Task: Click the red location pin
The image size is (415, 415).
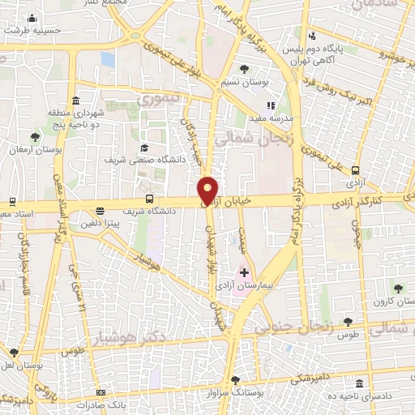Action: [x=208, y=190]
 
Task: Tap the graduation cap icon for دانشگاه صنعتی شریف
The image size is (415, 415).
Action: [x=144, y=148]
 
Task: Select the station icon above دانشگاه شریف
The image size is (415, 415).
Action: [x=148, y=199]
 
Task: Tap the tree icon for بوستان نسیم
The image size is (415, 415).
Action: [x=245, y=69]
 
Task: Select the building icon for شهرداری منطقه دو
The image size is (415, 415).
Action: [x=75, y=101]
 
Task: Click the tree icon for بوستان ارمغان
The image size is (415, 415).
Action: [x=34, y=137]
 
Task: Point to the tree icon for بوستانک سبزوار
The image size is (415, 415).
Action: [x=235, y=379]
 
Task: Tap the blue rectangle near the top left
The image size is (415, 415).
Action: [x=108, y=59]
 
